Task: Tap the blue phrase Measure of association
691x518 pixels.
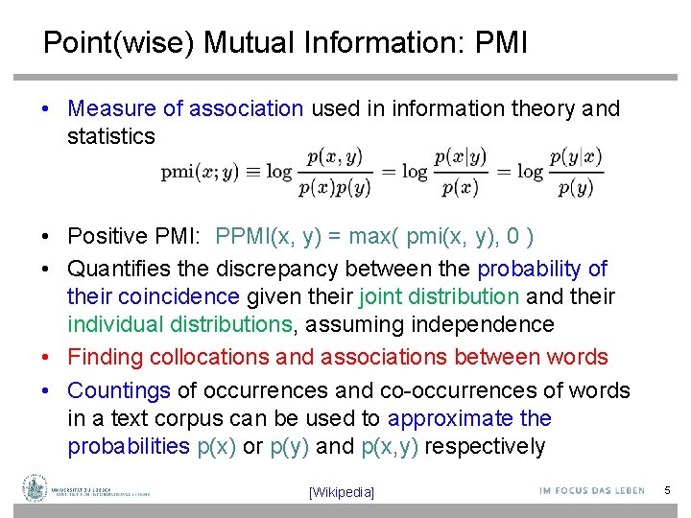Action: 185,108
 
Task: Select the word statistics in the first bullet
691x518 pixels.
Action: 110,136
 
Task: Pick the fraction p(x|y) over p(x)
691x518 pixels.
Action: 460,173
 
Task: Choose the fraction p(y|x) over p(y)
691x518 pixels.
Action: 576,173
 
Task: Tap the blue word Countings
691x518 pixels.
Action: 118,390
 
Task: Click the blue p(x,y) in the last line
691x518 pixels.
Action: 390,446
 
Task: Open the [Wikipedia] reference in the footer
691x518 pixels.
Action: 342,492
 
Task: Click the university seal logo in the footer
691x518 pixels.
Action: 36,487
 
